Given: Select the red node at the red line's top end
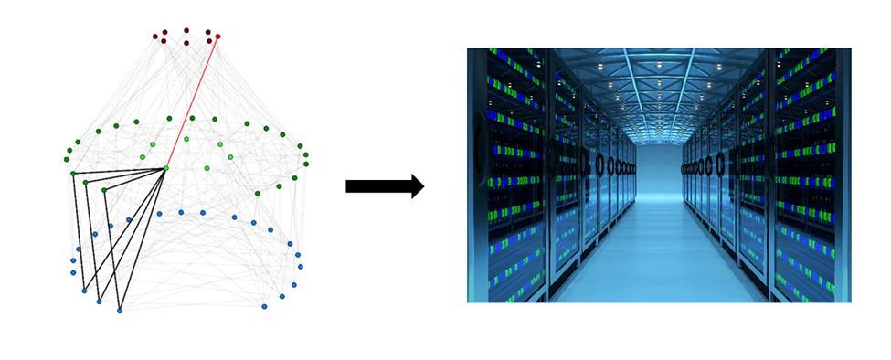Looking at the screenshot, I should click(x=217, y=37).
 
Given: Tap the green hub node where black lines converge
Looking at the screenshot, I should click(x=165, y=168).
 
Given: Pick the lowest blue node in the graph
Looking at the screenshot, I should click(x=119, y=311).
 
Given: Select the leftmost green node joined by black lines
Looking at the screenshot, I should click(x=73, y=173).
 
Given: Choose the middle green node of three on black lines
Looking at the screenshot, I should click(x=85, y=182).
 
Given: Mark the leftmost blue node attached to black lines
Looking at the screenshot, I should click(x=84, y=291).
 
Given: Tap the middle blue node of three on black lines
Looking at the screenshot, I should click(x=99, y=301).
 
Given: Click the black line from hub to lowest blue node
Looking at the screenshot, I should click(x=142, y=240).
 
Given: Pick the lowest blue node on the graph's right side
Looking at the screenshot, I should click(x=264, y=306).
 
